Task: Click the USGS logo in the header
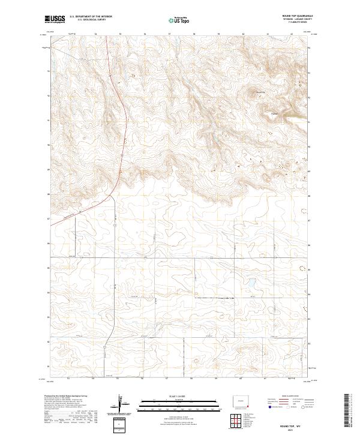pyautogui.click(x=55, y=20)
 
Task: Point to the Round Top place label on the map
pyautogui.click(x=260, y=92)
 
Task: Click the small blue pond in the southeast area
pyautogui.click(x=251, y=281)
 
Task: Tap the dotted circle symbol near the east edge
pyautogui.click(x=302, y=211)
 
